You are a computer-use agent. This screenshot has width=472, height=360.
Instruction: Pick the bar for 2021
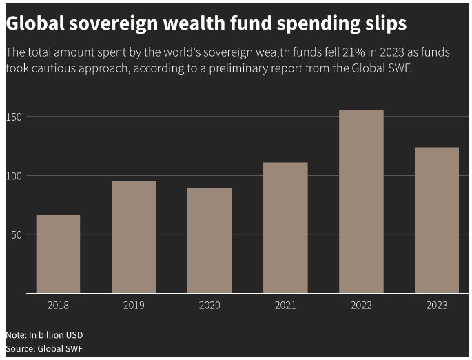point(285,228)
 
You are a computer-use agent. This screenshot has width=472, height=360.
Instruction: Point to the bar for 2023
point(437,220)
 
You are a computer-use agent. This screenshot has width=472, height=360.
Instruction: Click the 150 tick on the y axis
point(14,117)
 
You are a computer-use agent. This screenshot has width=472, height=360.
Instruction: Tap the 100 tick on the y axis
point(14,176)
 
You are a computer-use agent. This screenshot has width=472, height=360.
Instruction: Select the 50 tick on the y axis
point(17,234)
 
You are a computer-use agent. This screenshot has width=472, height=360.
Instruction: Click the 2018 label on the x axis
point(58,305)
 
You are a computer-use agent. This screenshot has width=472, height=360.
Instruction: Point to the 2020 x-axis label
point(209,305)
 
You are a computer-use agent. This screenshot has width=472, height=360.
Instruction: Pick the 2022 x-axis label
point(361,305)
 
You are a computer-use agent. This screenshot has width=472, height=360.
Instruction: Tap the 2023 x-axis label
point(437,305)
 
